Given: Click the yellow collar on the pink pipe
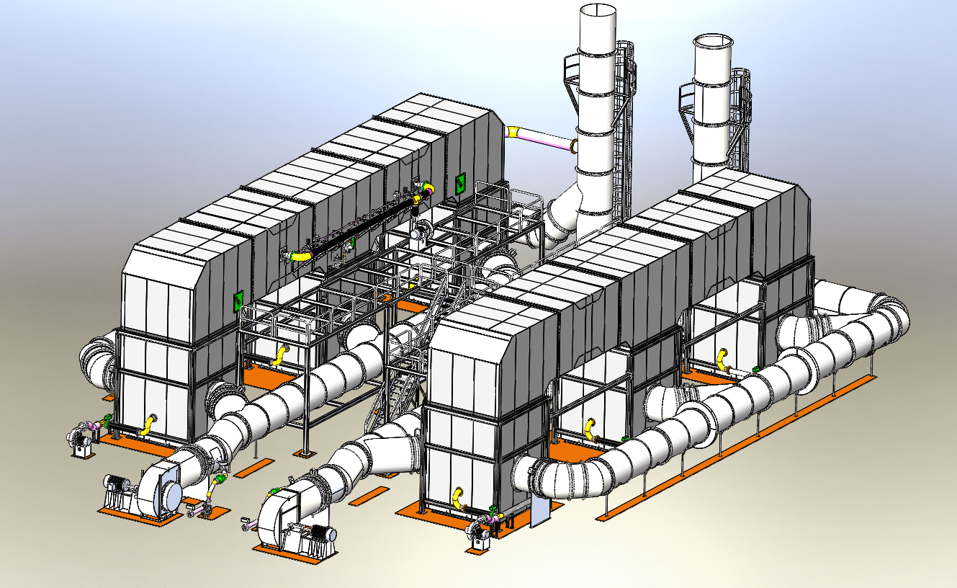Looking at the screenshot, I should pos(514,132).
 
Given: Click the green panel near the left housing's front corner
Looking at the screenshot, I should pos(236,300).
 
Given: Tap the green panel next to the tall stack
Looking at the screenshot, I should pos(459,183).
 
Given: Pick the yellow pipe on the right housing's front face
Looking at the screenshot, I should pos(458,498).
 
